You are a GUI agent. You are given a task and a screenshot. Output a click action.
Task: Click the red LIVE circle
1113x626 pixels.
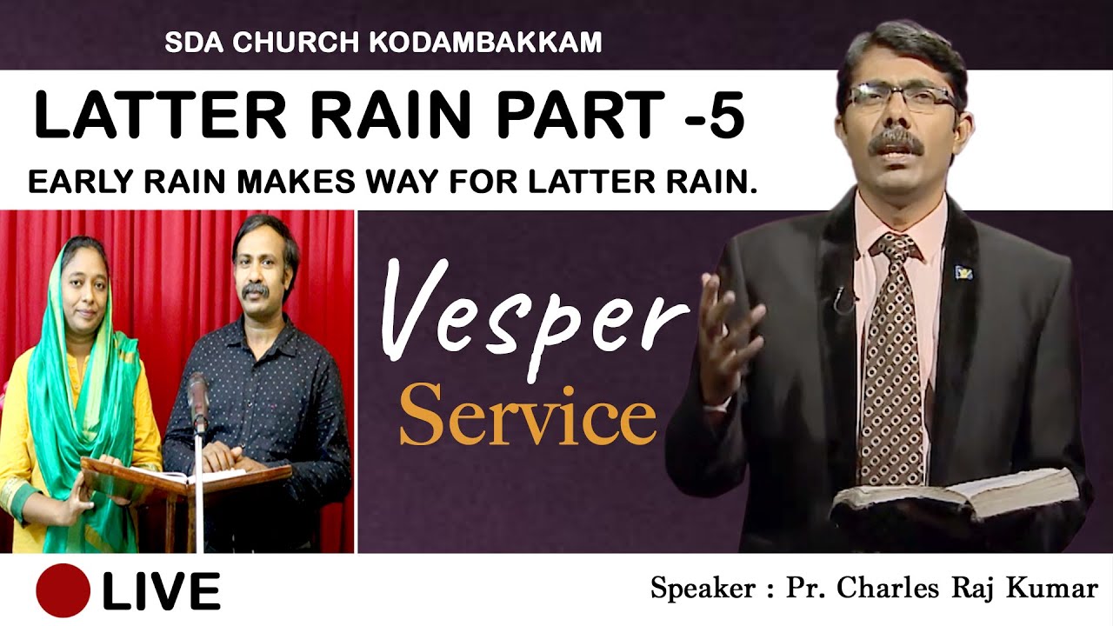(x=63, y=590)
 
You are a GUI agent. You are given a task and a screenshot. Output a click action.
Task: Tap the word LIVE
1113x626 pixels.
(x=161, y=591)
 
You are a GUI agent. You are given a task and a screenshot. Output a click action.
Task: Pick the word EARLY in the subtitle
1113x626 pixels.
(x=72, y=182)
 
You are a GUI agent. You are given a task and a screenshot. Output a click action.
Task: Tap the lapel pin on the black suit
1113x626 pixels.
(x=963, y=272)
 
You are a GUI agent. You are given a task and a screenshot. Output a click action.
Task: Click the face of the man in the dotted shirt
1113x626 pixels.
(x=263, y=265)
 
